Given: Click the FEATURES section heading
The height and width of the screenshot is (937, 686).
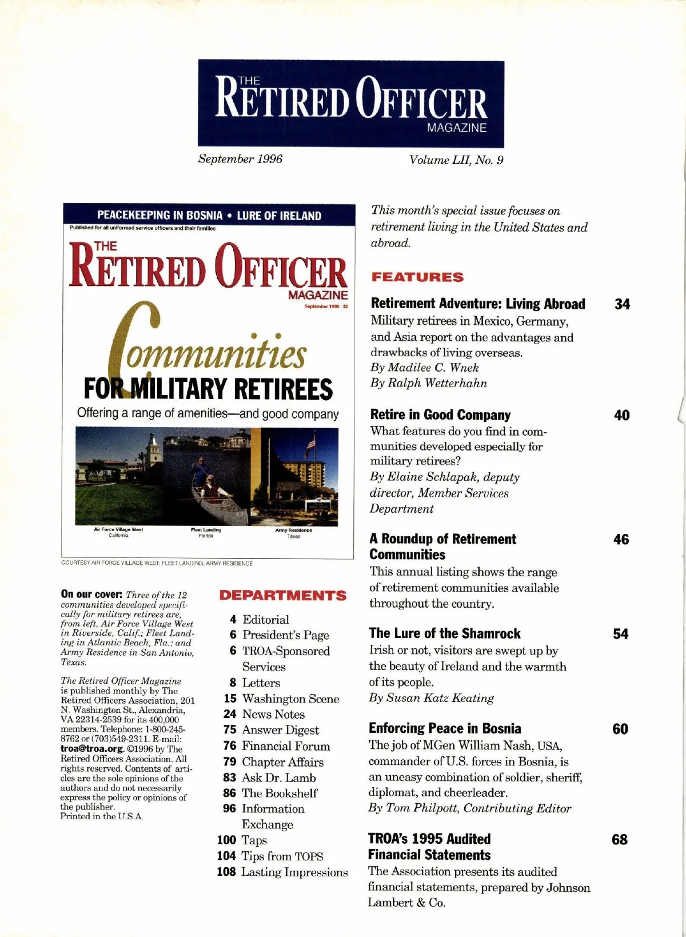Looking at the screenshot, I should [x=417, y=277].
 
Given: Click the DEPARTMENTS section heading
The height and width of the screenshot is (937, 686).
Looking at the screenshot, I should [x=282, y=596].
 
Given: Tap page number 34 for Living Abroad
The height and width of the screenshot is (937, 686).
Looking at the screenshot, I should [x=622, y=304].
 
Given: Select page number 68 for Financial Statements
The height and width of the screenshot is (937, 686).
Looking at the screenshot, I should [x=619, y=839].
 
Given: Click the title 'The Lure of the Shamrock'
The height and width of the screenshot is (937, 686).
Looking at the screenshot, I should [x=445, y=633].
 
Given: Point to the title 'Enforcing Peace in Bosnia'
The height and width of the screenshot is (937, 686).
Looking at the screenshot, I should [x=445, y=728].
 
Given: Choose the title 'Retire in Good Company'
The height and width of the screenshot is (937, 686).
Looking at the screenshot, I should [x=440, y=415].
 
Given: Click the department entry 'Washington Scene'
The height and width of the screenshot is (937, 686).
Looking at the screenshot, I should [x=290, y=699].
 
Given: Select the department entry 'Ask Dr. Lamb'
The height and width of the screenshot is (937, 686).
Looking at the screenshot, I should [x=278, y=777].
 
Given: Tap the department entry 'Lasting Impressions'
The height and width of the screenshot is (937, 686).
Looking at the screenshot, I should [x=294, y=872].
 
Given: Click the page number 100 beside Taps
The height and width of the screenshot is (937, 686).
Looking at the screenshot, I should [x=226, y=840].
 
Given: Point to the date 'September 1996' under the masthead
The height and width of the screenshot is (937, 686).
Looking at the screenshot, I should [x=240, y=159].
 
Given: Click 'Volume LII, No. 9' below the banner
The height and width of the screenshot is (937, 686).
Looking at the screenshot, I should [x=456, y=160].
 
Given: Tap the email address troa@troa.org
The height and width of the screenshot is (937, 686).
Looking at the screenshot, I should [x=91, y=749].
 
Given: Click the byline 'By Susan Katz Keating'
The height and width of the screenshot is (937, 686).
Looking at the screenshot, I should [x=431, y=698].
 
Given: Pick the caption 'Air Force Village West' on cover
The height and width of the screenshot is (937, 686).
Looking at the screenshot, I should [x=118, y=529].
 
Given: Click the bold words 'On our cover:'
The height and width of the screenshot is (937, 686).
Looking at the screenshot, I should [x=91, y=595].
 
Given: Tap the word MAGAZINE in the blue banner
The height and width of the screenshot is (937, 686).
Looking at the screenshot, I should [x=457, y=128].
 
